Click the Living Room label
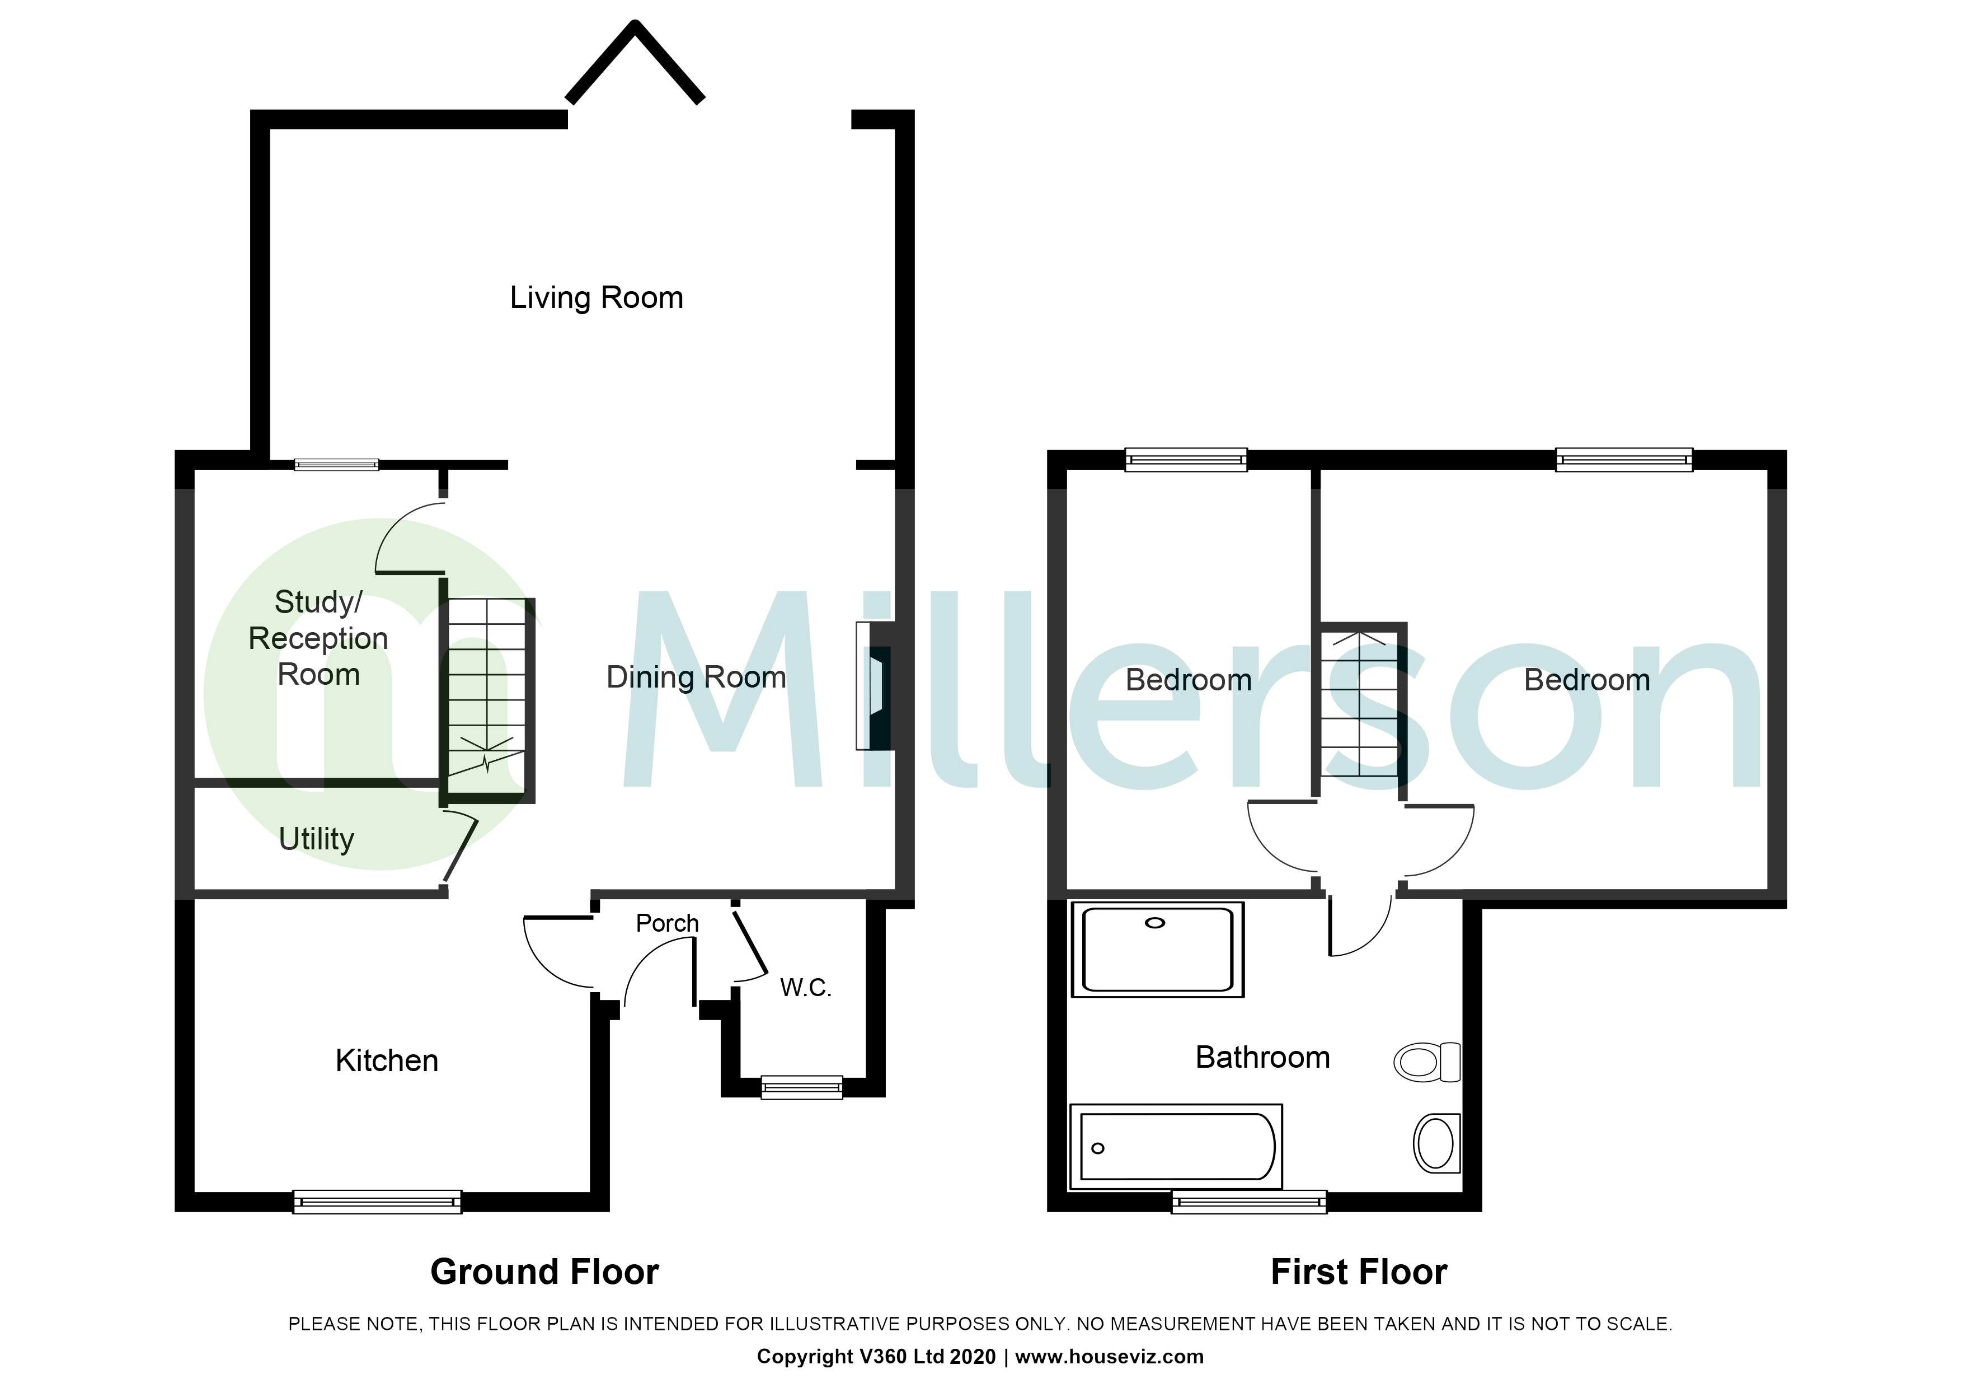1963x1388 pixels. [x=596, y=298]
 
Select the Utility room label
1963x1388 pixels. [x=316, y=839]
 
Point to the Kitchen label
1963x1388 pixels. [x=387, y=1060]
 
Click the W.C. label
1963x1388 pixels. [x=805, y=988]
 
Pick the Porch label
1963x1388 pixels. [x=667, y=924]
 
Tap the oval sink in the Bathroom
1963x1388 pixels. [x=1436, y=1143]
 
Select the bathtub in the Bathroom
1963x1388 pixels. [x=1176, y=1147]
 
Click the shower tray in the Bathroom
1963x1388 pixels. [x=1158, y=949]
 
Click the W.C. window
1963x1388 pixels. [x=801, y=1087]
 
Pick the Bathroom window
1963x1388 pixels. [x=1248, y=1203]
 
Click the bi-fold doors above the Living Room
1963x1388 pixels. [x=635, y=64]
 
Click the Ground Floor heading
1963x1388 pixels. [x=544, y=1272]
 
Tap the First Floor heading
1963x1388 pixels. [x=1359, y=1272]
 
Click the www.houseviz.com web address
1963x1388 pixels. [x=1109, y=1356]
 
